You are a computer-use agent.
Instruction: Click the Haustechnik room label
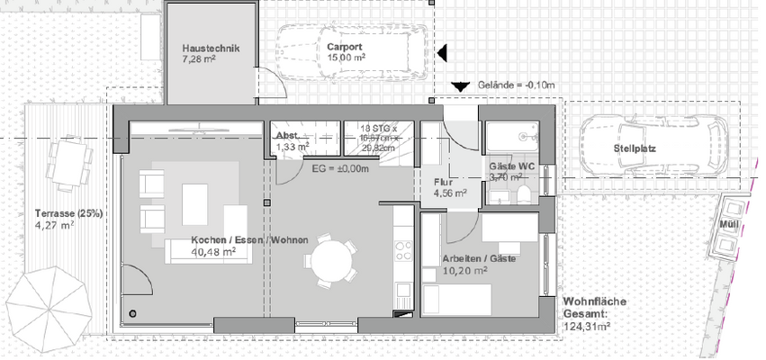pyautogui.click(x=210, y=49)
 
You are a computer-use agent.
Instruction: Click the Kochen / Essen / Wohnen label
pyautogui.click(x=249, y=240)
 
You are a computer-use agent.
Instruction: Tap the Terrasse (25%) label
pyautogui.click(x=68, y=212)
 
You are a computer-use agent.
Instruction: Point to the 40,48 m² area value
pyautogui.click(x=213, y=252)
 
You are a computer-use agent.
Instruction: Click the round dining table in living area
pyautogui.click(x=328, y=262)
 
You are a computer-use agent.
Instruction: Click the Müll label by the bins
pyautogui.click(x=728, y=223)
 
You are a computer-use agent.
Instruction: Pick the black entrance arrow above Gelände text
pyautogui.click(x=460, y=85)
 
